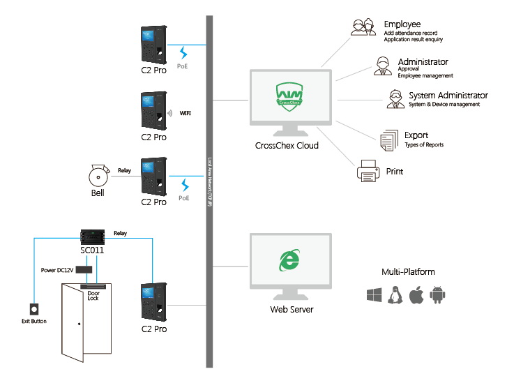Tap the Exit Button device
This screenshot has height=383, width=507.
[x=32, y=308]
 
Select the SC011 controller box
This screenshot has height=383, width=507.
[x=92, y=236]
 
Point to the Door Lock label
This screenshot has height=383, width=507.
[x=93, y=296]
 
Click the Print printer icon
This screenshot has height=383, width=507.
[x=368, y=170]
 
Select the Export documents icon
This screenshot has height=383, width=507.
[x=387, y=140]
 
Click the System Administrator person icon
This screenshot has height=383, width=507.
[x=396, y=100]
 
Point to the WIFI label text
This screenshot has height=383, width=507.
[x=186, y=112]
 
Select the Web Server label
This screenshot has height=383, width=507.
[x=292, y=310]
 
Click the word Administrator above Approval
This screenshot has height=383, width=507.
[x=423, y=62]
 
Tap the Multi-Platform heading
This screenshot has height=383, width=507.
[x=409, y=272]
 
